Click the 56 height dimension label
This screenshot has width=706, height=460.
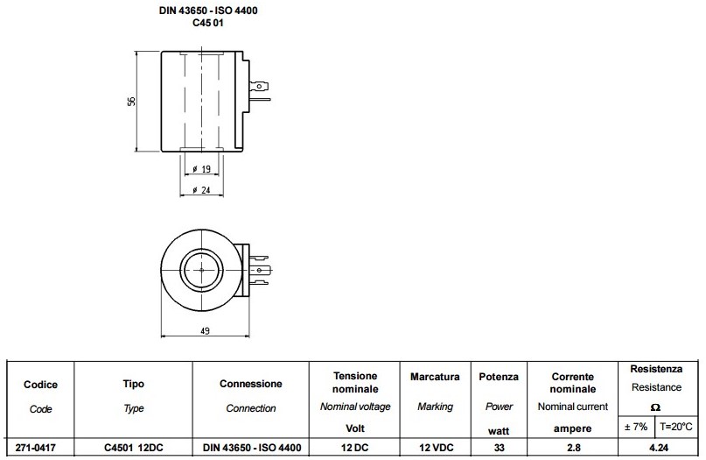point(131,102)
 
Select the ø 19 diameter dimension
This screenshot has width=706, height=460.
point(202,169)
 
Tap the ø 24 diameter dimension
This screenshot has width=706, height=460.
point(202,190)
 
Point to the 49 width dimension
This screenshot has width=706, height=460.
point(205,331)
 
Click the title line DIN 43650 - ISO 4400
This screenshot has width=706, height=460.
point(208,11)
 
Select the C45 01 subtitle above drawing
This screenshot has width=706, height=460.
point(208,23)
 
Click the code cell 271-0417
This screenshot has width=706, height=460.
point(36,448)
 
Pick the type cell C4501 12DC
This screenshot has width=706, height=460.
point(134,448)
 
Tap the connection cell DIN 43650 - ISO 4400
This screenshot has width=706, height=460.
point(252,448)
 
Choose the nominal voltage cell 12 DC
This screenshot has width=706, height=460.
point(355,448)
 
